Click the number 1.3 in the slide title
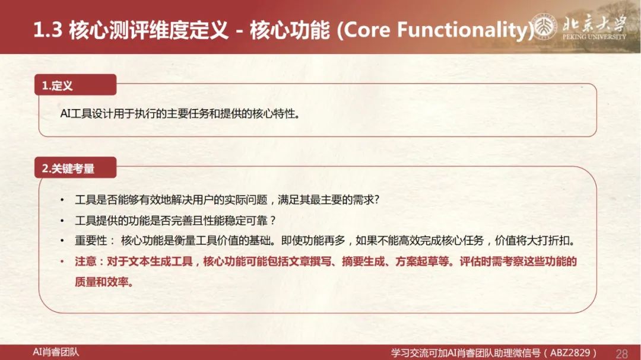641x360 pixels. pyautogui.click(x=47, y=30)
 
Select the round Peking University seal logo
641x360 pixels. pyautogui.click(x=543, y=27)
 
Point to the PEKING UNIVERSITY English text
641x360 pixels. pyautogui.click(x=594, y=36)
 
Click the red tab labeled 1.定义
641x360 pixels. pyautogui.click(x=75, y=85)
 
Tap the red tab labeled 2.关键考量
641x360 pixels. pyautogui.click(x=75, y=167)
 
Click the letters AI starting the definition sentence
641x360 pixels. pyautogui.click(x=65, y=114)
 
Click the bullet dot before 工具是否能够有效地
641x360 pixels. pyautogui.click(x=62, y=200)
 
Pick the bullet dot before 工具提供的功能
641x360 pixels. pyautogui.click(x=62, y=221)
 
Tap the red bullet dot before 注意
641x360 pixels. pyautogui.click(x=62, y=262)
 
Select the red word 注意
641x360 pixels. pyautogui.click(x=85, y=262)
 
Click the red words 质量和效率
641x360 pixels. pyautogui.click(x=101, y=282)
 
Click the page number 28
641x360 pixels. pyautogui.click(x=622, y=353)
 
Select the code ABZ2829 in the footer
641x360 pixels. pyautogui.click(x=571, y=353)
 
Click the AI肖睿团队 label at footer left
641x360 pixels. pyautogui.click(x=56, y=352)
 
